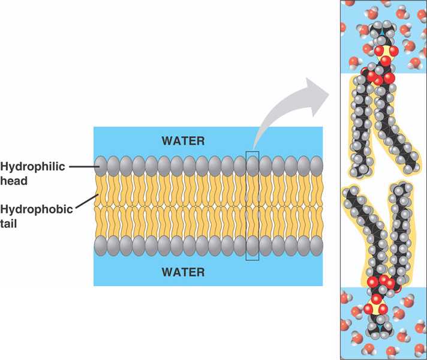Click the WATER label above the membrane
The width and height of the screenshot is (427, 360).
[183, 142]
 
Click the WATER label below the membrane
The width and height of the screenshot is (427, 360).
[183, 272]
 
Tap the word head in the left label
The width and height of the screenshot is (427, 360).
[13, 179]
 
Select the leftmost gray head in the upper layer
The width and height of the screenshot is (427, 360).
[101, 166]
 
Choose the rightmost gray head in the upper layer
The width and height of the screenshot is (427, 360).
[317, 166]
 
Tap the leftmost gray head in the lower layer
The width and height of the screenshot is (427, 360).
[101, 245]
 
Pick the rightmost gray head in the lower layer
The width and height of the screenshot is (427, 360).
[317, 245]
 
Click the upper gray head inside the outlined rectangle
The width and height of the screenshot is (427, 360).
[252, 166]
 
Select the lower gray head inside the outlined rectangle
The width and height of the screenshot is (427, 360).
[252, 245]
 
